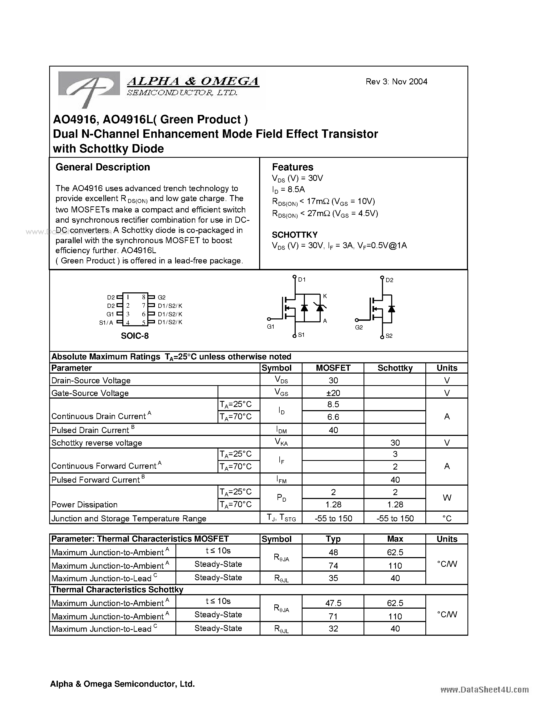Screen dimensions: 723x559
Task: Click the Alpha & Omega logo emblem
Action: pyautogui.click(x=89, y=88)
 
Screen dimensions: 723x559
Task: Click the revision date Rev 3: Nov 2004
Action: pyautogui.click(x=396, y=82)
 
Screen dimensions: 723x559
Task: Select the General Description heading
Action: pyautogui.click(x=103, y=167)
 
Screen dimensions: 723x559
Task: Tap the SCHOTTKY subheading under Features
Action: pyautogui.click(x=294, y=235)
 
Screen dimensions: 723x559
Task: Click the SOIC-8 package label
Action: pyautogui.click(x=134, y=336)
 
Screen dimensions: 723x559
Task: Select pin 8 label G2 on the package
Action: pyautogui.click(x=162, y=297)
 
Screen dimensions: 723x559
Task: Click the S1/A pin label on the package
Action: pyautogui.click(x=106, y=322)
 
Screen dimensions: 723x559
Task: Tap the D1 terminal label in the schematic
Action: pyautogui.click(x=302, y=280)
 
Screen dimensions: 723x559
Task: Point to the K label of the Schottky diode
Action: pyautogui.click(x=325, y=296)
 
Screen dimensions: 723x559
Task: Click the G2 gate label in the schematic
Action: pyautogui.click(x=359, y=327)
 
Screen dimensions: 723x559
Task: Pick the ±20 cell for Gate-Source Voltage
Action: pyautogui.click(x=333, y=393)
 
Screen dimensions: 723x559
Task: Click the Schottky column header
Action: pyautogui.click(x=395, y=368)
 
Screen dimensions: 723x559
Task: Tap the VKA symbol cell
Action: pyautogui.click(x=281, y=442)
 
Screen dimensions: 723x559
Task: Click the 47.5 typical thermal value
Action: pyautogui.click(x=333, y=603)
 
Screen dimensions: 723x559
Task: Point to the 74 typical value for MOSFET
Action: pyautogui.click(x=333, y=566)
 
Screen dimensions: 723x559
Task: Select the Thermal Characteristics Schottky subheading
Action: pyautogui.click(x=117, y=590)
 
